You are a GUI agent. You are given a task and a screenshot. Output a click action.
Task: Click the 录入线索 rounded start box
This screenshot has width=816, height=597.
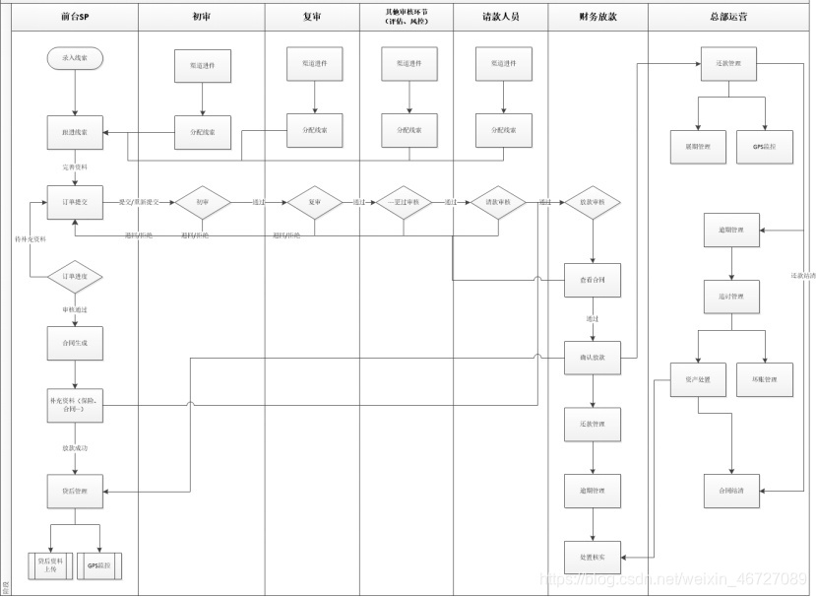click(75, 59)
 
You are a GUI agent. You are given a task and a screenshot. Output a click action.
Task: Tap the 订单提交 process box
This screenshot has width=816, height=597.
click(75, 202)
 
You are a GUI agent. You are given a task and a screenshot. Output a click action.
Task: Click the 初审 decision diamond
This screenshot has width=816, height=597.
click(202, 202)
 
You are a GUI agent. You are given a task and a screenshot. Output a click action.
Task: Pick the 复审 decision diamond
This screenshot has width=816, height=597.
click(315, 202)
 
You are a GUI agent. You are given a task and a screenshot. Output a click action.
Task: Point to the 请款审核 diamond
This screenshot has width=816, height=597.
click(498, 202)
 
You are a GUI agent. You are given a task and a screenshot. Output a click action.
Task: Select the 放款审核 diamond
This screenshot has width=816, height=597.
click(593, 202)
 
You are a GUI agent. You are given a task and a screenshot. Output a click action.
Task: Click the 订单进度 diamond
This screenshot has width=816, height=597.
click(75, 277)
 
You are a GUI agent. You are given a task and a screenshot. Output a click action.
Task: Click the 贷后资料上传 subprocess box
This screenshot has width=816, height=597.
click(49, 564)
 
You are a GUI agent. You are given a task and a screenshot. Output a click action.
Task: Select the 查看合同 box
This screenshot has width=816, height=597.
click(593, 281)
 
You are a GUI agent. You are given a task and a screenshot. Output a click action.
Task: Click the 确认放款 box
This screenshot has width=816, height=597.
click(593, 358)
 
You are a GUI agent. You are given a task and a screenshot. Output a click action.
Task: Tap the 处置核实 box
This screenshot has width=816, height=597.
click(593, 558)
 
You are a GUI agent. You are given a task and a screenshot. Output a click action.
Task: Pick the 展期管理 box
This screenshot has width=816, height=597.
click(698, 147)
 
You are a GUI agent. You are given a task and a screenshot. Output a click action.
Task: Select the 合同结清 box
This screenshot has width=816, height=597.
click(730, 490)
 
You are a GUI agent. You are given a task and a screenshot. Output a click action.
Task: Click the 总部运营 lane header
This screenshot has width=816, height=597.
click(730, 17)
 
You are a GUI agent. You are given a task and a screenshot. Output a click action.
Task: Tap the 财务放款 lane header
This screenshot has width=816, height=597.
click(596, 17)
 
